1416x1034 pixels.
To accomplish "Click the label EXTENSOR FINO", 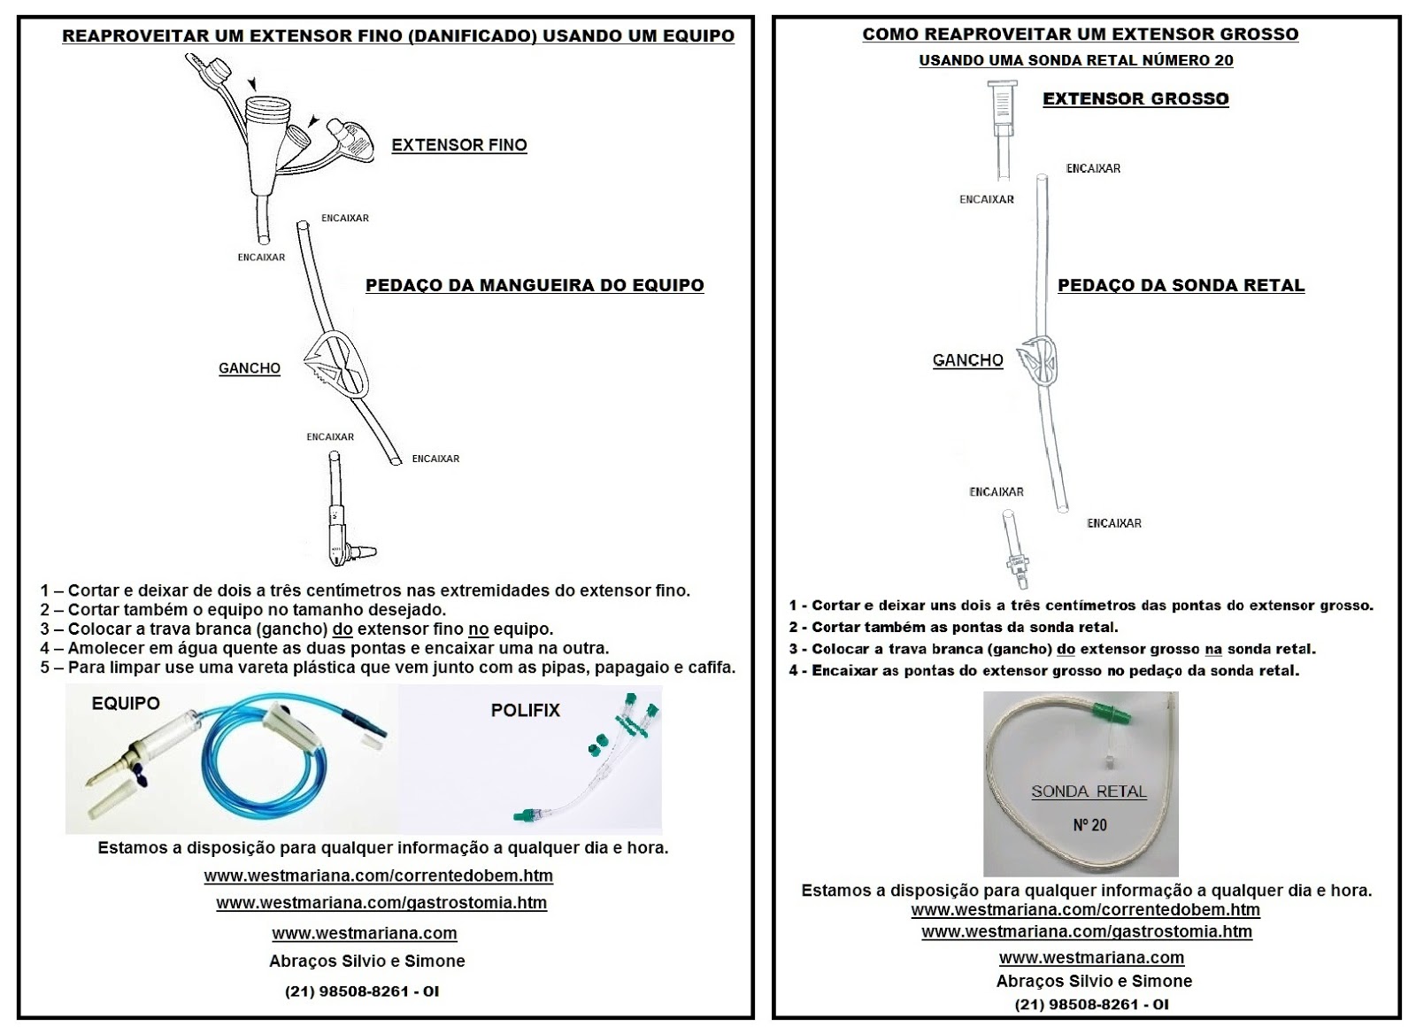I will [x=459, y=145].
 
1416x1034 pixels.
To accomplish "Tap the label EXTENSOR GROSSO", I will [x=1135, y=99].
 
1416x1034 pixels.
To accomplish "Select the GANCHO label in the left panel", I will [x=250, y=368].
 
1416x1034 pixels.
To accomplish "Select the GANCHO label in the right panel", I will [x=967, y=360].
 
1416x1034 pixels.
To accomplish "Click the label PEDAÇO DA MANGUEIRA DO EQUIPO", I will [x=535, y=285].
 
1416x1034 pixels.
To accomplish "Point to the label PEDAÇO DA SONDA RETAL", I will [x=1181, y=285].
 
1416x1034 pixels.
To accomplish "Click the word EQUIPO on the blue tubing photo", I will [x=126, y=703].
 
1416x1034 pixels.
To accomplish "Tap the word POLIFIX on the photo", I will [x=526, y=710].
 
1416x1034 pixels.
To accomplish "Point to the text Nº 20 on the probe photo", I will [x=1089, y=825].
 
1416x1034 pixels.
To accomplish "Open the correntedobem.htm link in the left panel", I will [x=378, y=876].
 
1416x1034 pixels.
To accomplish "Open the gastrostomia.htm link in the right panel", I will [x=1086, y=931].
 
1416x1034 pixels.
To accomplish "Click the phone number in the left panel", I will [x=361, y=992].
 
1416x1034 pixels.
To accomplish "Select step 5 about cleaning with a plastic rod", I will [x=388, y=667].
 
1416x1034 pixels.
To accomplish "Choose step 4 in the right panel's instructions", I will [x=1043, y=670].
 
